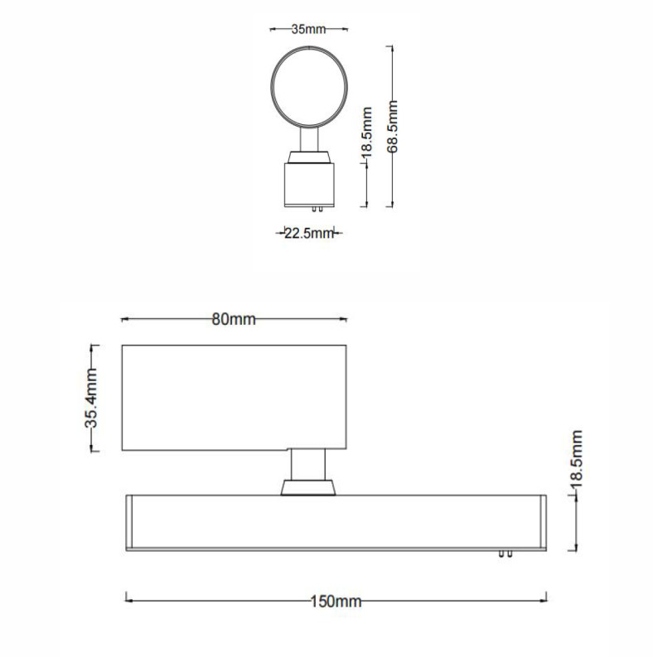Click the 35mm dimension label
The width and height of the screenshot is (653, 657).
pos(308,29)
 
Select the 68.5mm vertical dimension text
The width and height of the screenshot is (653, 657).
pos(394,126)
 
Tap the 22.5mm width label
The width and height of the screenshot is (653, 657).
pos(308,234)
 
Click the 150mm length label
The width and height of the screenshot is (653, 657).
pos(336,601)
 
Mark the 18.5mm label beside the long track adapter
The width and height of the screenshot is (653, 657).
pos(578,457)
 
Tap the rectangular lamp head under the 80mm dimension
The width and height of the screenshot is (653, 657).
pos(234,398)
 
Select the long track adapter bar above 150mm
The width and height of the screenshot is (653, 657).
pos(336,522)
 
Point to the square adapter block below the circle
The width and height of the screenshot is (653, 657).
pos(308,184)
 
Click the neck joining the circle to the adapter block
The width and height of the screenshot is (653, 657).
pos(309,139)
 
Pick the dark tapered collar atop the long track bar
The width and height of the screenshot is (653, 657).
pos(307,487)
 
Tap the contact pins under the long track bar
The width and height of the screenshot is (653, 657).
pos(505,554)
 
